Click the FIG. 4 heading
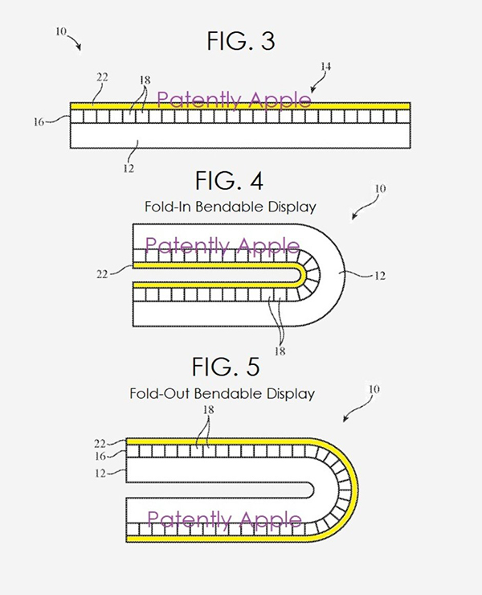pyautogui.click(x=229, y=181)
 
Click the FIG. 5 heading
pyautogui.click(x=226, y=367)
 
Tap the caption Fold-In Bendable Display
pyautogui.click(x=230, y=207)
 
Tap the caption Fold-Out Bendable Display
pyautogui.click(x=222, y=394)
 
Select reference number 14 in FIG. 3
pyautogui.click(x=325, y=67)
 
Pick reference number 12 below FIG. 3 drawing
pyautogui.click(x=128, y=168)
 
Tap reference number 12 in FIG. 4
pyautogui.click(x=379, y=275)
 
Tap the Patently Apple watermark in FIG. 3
pyautogui.click(x=234, y=100)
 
